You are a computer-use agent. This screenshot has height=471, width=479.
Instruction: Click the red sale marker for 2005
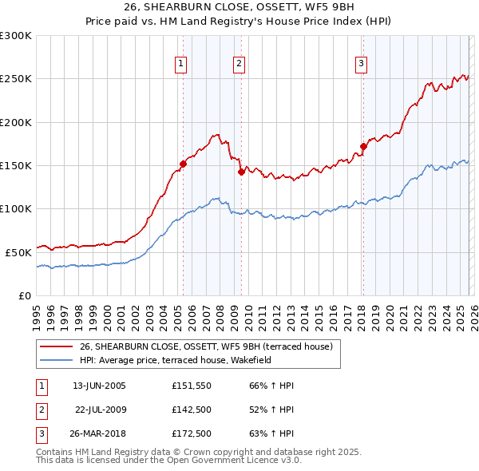tap(183, 164)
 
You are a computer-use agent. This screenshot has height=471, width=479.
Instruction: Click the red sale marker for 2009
tap(241, 172)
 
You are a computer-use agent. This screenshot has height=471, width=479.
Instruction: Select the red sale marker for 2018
tap(363, 146)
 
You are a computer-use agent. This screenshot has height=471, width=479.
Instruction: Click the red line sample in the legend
tap(57, 346)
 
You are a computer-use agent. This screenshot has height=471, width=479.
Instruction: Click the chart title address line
tap(239, 6)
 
